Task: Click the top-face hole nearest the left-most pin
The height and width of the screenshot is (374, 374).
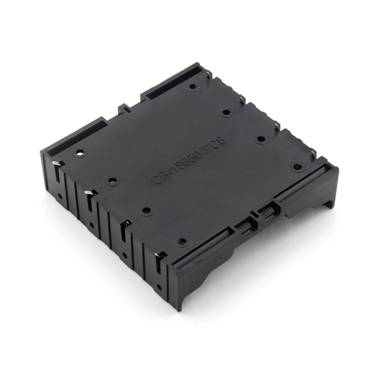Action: point(80,153)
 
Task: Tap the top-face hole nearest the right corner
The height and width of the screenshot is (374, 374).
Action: point(297,167)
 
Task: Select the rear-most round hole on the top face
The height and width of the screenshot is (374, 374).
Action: point(193,86)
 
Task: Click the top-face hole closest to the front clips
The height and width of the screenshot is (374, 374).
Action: point(181,242)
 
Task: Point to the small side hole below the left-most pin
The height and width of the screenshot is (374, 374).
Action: point(59,196)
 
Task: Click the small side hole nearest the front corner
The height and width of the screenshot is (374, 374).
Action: point(160,287)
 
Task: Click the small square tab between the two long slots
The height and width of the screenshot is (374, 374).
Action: point(124,108)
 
